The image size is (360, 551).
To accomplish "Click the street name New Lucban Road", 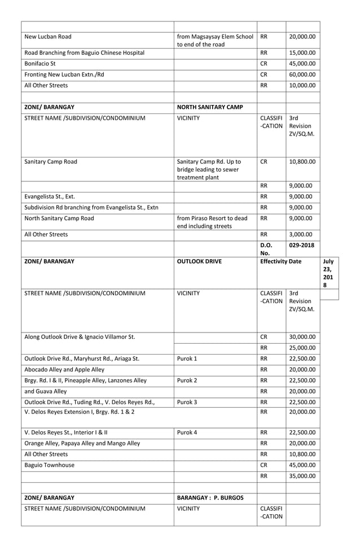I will pyautogui.click(x=48, y=37).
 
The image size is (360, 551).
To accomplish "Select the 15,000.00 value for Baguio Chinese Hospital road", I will pyautogui.click(x=302, y=53).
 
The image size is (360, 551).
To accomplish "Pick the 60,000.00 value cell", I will pyautogui.click(x=302, y=74).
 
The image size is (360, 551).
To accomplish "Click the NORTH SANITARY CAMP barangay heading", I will pyautogui.click(x=209, y=107).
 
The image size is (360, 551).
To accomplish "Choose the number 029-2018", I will pyautogui.click(x=302, y=246).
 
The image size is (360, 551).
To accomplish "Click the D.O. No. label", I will pyautogui.click(x=266, y=249).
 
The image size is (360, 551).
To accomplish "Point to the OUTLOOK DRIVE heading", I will pyautogui.click(x=199, y=261).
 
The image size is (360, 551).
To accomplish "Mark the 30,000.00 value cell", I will pyautogui.click(x=302, y=336).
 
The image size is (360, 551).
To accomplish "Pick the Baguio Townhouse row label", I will pyautogui.click(x=50, y=465).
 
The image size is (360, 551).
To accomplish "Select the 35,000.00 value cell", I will pyautogui.click(x=302, y=476).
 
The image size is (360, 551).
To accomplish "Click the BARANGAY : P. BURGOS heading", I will pyautogui.click(x=210, y=497).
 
